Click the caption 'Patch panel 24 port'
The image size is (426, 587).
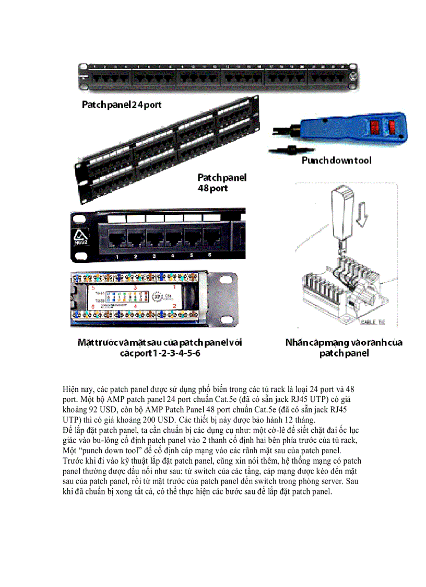[x=122, y=105]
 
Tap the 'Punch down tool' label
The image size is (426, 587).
[x=336, y=160]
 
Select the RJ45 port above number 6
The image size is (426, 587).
[x=212, y=238]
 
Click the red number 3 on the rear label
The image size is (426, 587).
[x=135, y=287]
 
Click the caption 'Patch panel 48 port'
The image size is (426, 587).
[x=222, y=182]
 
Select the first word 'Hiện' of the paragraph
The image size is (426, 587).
[x=70, y=389]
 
